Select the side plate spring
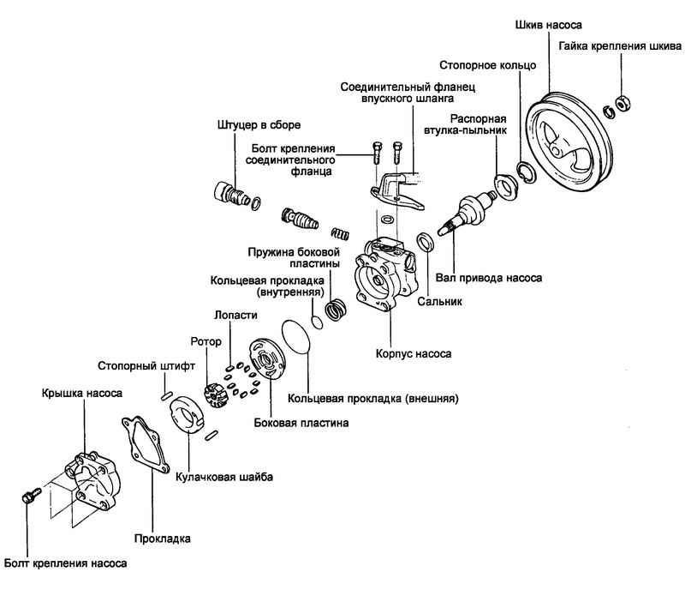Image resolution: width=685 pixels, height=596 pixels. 336,306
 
